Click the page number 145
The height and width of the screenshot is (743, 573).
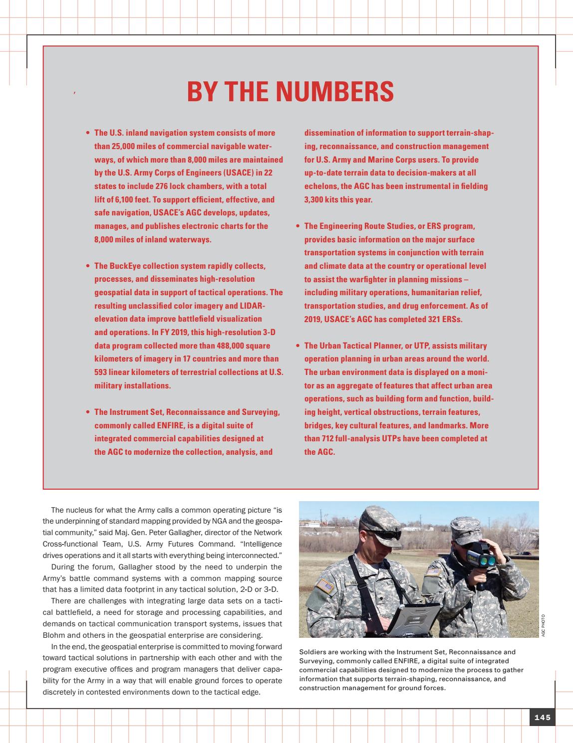coord(542,718)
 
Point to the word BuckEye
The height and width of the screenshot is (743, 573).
coord(125,266)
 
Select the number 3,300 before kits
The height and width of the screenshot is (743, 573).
coord(314,200)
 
